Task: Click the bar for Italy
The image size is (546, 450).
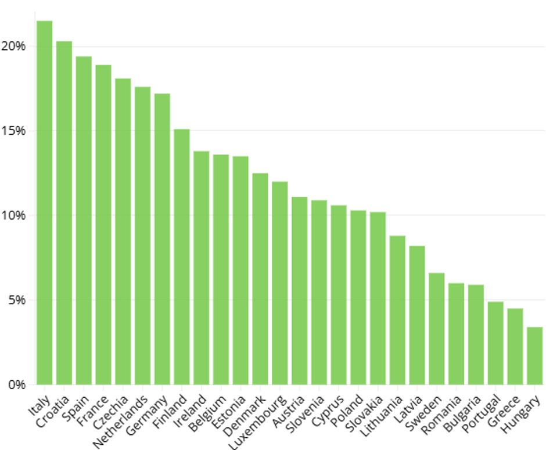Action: pyautogui.click(x=44, y=203)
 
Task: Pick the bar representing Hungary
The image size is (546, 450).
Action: pyautogui.click(x=534, y=355)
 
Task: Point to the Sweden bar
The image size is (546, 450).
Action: pyautogui.click(x=437, y=329)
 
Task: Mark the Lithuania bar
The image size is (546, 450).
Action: pyautogui.click(x=397, y=310)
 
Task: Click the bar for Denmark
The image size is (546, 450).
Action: pyautogui.click(x=260, y=279)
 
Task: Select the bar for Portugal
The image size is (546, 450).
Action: pyautogui.click(x=495, y=343)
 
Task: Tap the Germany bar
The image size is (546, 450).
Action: pyautogui.click(x=162, y=239)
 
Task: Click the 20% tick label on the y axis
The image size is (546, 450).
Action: pyautogui.click(x=13, y=46)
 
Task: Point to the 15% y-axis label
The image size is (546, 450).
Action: pyautogui.click(x=13, y=131)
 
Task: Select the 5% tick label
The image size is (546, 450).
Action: pyautogui.click(x=16, y=300)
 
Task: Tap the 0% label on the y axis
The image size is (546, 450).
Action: pyautogui.click(x=16, y=385)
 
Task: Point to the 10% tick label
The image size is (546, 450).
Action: pyautogui.click(x=13, y=216)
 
